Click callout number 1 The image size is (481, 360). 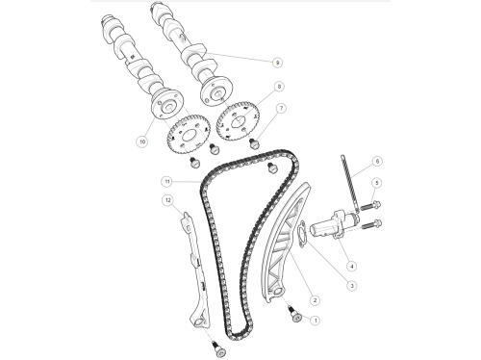[316, 321]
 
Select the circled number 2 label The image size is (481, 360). [315, 300]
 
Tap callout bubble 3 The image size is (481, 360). [352, 286]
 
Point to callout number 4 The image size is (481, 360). [352, 266]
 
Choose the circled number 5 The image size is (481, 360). [377, 183]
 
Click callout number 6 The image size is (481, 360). [377, 161]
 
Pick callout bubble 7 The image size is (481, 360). [281, 108]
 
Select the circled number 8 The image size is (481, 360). [279, 87]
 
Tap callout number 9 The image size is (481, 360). [277, 63]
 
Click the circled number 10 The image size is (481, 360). [142, 141]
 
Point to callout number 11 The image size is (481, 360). [167, 182]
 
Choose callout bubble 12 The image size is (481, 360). [168, 200]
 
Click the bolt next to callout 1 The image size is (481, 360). [294, 314]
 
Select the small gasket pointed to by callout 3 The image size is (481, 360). [302, 234]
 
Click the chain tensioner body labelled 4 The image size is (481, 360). [335, 225]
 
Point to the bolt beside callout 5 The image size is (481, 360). [370, 205]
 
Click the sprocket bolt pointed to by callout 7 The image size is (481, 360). [254, 143]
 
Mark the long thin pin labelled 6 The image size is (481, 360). [350, 185]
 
